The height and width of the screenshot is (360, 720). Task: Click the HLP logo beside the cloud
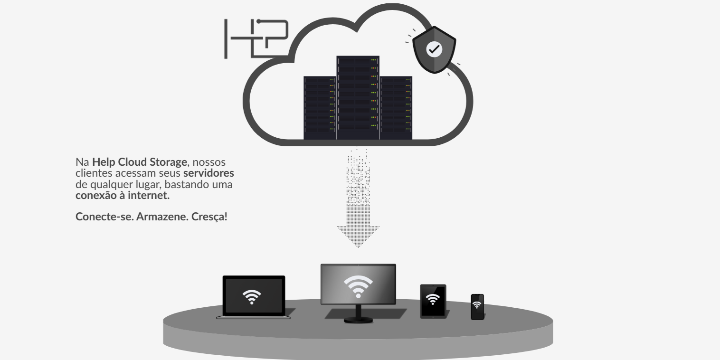coord(256,38)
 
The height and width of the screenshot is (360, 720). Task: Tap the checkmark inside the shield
coord(434,48)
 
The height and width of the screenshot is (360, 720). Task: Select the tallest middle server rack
coord(358,97)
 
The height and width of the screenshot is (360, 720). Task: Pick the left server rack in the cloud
coord(320,108)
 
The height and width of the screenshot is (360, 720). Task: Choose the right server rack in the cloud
coord(396,108)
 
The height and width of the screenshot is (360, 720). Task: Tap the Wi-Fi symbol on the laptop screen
coord(252,296)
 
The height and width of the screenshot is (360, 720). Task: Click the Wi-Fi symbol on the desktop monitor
coord(358,286)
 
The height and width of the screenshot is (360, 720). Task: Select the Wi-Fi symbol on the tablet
coord(433,300)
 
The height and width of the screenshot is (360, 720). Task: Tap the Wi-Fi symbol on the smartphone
coord(477,305)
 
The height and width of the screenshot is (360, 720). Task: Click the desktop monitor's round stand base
coord(359,320)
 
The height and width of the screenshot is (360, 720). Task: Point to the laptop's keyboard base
coord(253,317)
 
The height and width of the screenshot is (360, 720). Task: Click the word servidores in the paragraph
coord(209,173)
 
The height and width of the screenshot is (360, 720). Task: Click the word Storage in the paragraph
coord(169,162)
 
